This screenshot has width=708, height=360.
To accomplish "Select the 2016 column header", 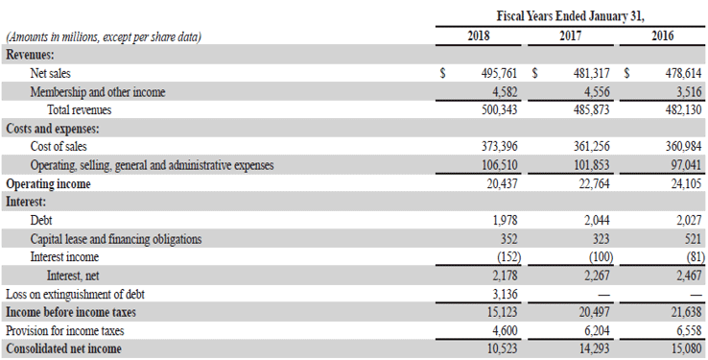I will [662, 36].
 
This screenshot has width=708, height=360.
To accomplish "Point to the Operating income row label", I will [48, 183].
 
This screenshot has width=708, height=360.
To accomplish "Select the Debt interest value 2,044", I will [596, 220].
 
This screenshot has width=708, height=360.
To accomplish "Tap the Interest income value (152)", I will [505, 257].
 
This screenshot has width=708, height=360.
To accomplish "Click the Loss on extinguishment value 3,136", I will [506, 294].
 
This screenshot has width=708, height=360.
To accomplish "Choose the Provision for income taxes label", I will [63, 330].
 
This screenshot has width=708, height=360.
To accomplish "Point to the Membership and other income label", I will [98, 91].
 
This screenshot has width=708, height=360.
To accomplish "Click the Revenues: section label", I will [30, 55].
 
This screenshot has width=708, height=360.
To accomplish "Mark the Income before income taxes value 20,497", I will [592, 312].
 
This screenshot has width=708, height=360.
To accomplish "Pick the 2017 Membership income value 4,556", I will [596, 91].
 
